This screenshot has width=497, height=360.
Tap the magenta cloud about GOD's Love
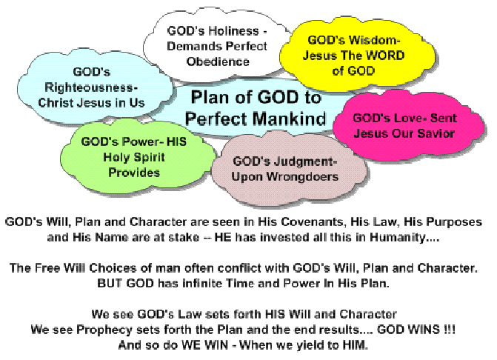pyautogui.click(x=408, y=125)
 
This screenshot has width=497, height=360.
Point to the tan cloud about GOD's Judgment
pyautogui.click(x=289, y=169)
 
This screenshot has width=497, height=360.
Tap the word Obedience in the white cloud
pyautogui.click(x=218, y=61)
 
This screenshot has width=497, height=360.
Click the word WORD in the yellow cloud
pyautogui.click(x=385, y=56)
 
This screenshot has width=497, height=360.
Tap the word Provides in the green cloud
pyautogui.click(x=134, y=173)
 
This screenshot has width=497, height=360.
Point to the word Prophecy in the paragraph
pyautogui.click(x=104, y=330)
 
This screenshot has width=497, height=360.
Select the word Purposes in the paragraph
pyautogui.click(x=454, y=221)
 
